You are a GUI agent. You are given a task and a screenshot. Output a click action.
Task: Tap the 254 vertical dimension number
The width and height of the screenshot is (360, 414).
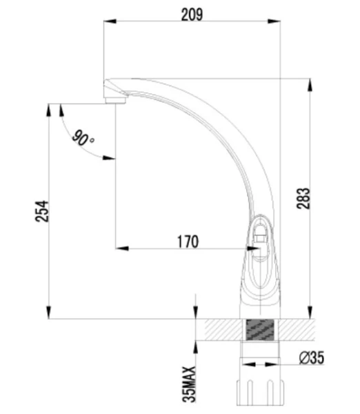pos(41,211)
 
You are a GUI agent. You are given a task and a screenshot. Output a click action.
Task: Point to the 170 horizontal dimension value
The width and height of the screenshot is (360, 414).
pos(187,241)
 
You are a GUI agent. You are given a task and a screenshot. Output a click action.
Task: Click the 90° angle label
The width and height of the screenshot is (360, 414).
pos(84,139)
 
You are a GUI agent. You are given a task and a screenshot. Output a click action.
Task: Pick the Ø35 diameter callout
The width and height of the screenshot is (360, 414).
pos(311,357)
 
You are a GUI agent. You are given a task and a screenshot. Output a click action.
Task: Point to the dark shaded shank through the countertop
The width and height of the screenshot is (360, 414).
pos(259,330)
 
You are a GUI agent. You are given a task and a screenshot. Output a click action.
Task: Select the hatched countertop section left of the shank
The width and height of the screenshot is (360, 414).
pos(219,330)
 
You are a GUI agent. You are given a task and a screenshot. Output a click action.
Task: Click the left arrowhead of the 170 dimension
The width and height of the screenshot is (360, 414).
pos(119,246)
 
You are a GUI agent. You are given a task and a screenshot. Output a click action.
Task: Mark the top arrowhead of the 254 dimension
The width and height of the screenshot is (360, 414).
pos(48,108)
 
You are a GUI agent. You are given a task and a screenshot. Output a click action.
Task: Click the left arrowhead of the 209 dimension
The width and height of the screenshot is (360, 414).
pos(108,21)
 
